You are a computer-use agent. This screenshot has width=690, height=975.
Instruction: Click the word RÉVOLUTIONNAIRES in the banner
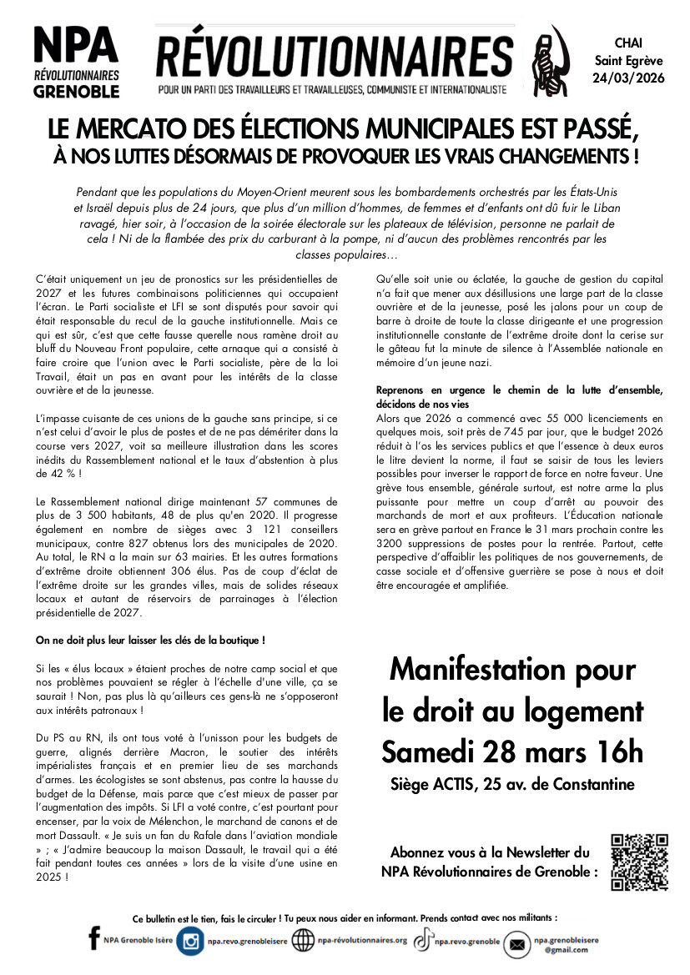click(335, 58)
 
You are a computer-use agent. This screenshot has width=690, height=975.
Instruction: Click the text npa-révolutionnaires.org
click(362, 941)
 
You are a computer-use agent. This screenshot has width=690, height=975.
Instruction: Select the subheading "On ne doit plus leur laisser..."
click(150, 641)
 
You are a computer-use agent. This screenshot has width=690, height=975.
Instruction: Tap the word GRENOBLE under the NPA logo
click(76, 91)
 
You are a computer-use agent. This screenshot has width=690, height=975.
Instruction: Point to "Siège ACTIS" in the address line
click(432, 784)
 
